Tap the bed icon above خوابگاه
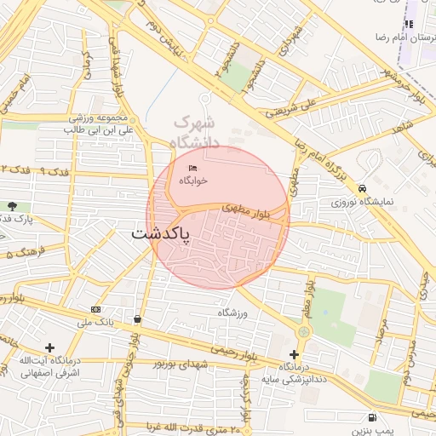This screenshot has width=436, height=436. click(192, 168)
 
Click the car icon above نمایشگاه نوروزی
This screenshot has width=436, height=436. click(363, 188)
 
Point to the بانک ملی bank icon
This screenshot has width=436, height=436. click(95, 309)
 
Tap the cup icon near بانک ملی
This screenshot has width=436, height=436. click(137, 318)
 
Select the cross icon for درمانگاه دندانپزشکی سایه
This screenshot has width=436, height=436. click(294, 354)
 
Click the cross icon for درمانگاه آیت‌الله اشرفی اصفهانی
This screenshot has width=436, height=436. click(49, 347)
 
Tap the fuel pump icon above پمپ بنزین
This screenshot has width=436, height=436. click(371, 417)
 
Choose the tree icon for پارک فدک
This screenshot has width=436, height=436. click(11, 206)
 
